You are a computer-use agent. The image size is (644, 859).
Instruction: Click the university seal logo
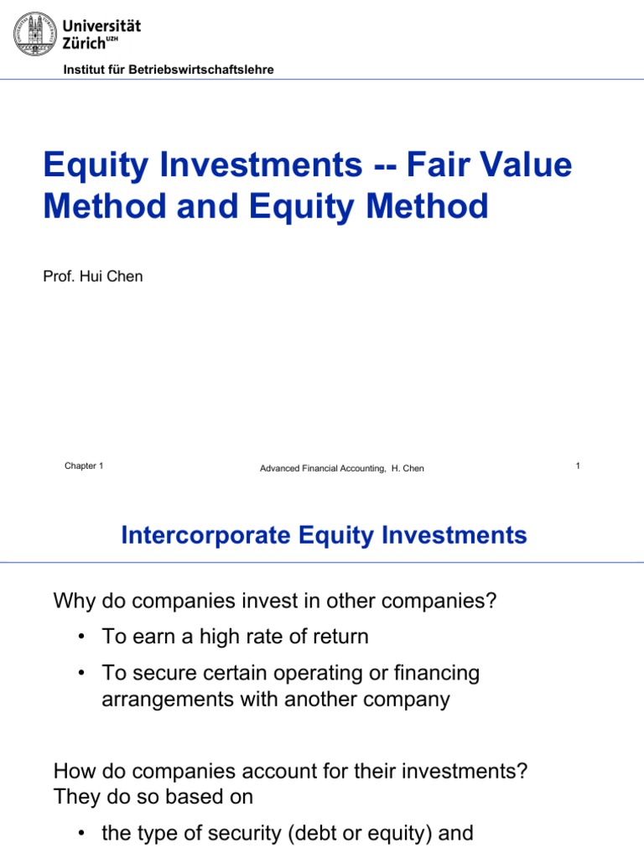34,34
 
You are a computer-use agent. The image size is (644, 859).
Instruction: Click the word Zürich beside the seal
86,42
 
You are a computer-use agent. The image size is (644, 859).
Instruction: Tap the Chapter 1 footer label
84,466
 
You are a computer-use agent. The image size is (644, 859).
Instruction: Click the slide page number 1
579,466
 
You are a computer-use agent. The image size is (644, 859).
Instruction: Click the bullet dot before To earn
81,637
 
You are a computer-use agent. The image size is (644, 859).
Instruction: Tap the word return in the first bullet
339,637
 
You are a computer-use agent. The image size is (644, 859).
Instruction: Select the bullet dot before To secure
81,673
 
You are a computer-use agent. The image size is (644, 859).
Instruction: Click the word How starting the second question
73,771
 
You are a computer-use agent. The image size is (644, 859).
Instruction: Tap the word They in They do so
75,796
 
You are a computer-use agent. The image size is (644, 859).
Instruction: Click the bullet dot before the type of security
81,833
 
